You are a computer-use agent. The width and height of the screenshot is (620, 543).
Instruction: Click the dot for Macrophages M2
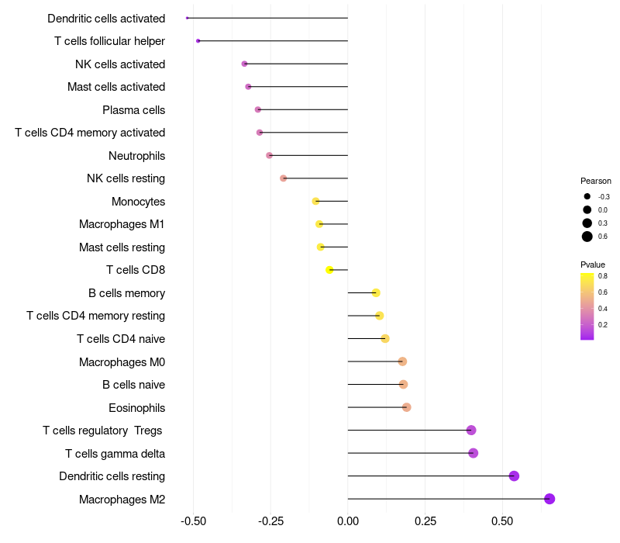(x=549, y=499)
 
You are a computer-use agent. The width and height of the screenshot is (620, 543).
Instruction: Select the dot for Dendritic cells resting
(x=514, y=476)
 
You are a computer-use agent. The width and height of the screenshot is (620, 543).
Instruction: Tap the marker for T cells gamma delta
(x=474, y=453)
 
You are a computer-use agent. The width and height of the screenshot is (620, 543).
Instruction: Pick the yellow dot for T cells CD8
(x=329, y=270)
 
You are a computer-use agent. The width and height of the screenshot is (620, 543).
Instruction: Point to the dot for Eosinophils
(x=407, y=407)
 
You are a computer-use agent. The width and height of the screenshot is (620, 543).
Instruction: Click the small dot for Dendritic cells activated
(x=188, y=18)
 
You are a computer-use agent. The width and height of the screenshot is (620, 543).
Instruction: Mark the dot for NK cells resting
(x=284, y=178)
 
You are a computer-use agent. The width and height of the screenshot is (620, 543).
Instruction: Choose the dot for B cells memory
(x=376, y=293)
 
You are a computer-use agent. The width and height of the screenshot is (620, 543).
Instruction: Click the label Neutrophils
(x=136, y=156)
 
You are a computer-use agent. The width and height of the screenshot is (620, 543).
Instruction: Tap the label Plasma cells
(x=133, y=110)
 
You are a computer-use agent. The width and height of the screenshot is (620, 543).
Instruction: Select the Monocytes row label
(x=138, y=202)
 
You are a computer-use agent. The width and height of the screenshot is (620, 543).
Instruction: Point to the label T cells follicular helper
(x=109, y=41)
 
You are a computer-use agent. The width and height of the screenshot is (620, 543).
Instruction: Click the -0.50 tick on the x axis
(x=193, y=522)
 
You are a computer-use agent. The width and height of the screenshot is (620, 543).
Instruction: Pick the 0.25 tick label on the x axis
(x=425, y=522)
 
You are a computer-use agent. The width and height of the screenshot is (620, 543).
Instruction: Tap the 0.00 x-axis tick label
(x=348, y=522)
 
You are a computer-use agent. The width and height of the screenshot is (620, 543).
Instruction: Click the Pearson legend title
(x=595, y=181)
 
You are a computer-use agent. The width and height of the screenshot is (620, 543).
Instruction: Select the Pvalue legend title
(x=593, y=265)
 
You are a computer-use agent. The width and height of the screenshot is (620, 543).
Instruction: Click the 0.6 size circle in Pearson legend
(x=587, y=237)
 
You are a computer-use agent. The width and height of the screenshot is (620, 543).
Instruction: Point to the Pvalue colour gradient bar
(x=587, y=306)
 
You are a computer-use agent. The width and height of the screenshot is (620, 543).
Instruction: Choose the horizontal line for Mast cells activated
(x=298, y=87)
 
